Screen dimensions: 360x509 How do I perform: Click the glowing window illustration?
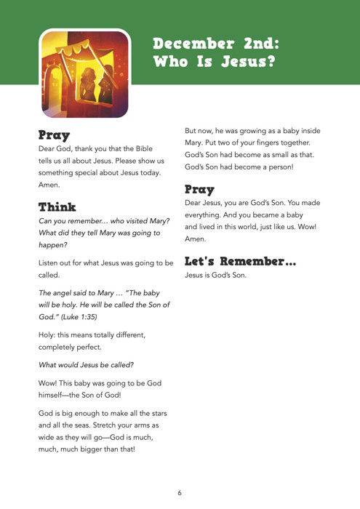[85, 73]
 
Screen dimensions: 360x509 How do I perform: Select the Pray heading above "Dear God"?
[55, 135]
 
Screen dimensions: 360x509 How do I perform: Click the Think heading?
[57, 207]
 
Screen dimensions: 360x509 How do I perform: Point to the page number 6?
[180, 492]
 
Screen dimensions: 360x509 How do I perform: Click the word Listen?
[51, 262]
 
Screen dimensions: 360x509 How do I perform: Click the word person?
[277, 166]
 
